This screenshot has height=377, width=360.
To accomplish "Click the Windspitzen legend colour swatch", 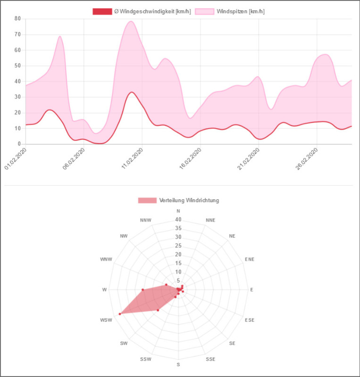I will (204, 11).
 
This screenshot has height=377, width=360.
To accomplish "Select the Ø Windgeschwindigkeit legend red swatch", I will (102, 11).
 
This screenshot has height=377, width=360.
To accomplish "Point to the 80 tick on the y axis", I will (17, 19).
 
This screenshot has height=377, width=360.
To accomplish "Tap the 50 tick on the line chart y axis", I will (17, 66).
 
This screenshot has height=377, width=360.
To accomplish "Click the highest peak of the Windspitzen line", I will (131, 21).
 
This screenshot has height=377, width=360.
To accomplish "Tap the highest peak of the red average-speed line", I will (132, 92).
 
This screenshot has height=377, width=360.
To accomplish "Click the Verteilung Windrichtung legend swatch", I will (147, 200).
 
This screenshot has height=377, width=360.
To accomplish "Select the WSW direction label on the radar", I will (106, 320).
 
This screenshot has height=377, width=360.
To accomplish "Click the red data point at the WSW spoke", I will (120, 313).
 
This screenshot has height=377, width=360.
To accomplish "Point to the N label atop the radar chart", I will (178, 211).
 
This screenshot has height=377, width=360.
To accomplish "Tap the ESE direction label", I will (250, 320).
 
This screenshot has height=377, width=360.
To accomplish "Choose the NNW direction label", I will (146, 220).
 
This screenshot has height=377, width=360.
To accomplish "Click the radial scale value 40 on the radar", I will (178, 220).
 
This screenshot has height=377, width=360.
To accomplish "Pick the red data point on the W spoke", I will (142, 290).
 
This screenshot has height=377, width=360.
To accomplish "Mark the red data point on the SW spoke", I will (158, 310).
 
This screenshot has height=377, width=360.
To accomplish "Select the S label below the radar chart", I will (178, 364).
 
